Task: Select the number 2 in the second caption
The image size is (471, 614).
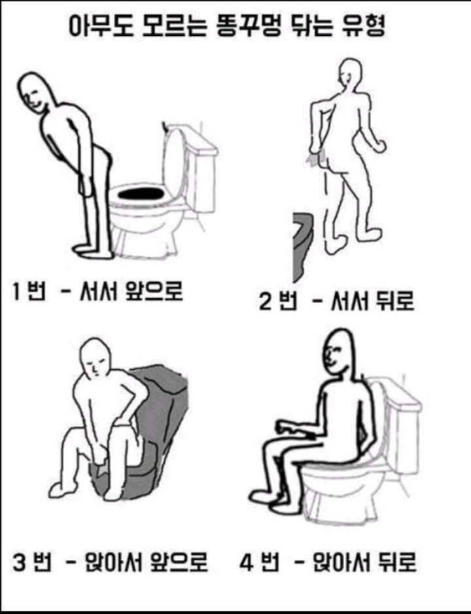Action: (265, 302)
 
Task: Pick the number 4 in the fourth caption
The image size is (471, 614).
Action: (247, 562)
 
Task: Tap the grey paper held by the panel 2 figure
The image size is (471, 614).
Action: (317, 157)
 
